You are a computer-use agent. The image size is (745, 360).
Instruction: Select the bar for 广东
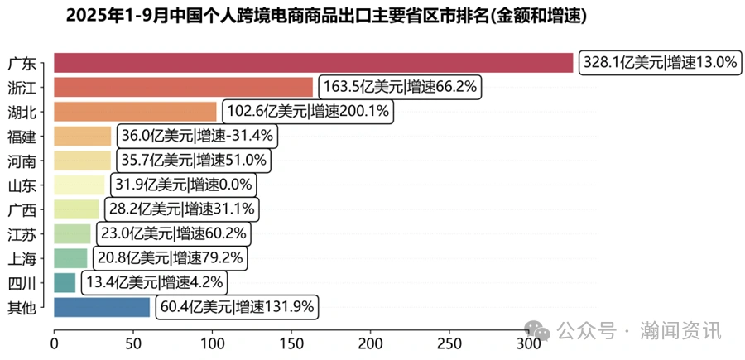tap(313, 63)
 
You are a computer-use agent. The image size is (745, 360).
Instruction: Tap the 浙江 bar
tap(183, 88)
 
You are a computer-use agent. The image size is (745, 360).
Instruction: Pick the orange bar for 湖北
tap(135, 112)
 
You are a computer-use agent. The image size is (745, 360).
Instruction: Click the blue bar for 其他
tap(102, 308)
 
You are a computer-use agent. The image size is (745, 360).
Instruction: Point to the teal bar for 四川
tap(65, 283)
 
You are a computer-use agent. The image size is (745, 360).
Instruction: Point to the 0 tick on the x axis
tap(55, 343)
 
